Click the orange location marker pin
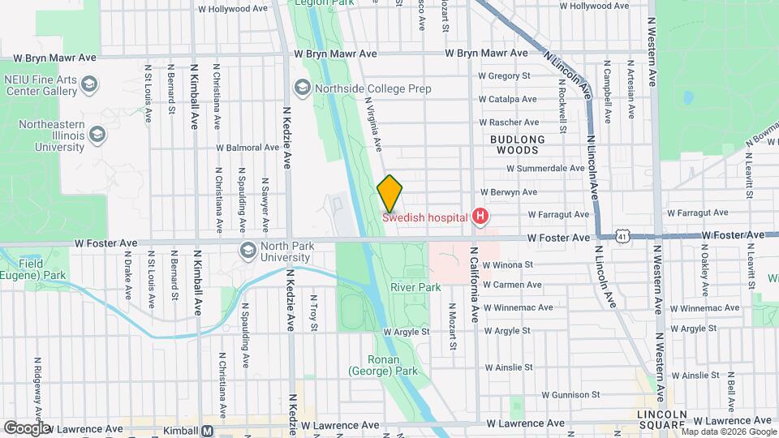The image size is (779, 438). point(389,193)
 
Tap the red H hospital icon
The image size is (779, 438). point(480,216)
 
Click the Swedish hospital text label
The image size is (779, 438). point(425,217)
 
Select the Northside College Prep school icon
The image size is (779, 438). point(302,88)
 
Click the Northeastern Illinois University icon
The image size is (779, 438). point(97,134)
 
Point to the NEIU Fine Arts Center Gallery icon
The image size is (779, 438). point(88,84)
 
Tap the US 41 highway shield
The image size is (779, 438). point(622,235)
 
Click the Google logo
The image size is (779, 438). point(26,428)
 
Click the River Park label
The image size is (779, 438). point(415,287)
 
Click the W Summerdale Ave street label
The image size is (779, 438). point(544,168)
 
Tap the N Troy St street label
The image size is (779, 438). point(314,312)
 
